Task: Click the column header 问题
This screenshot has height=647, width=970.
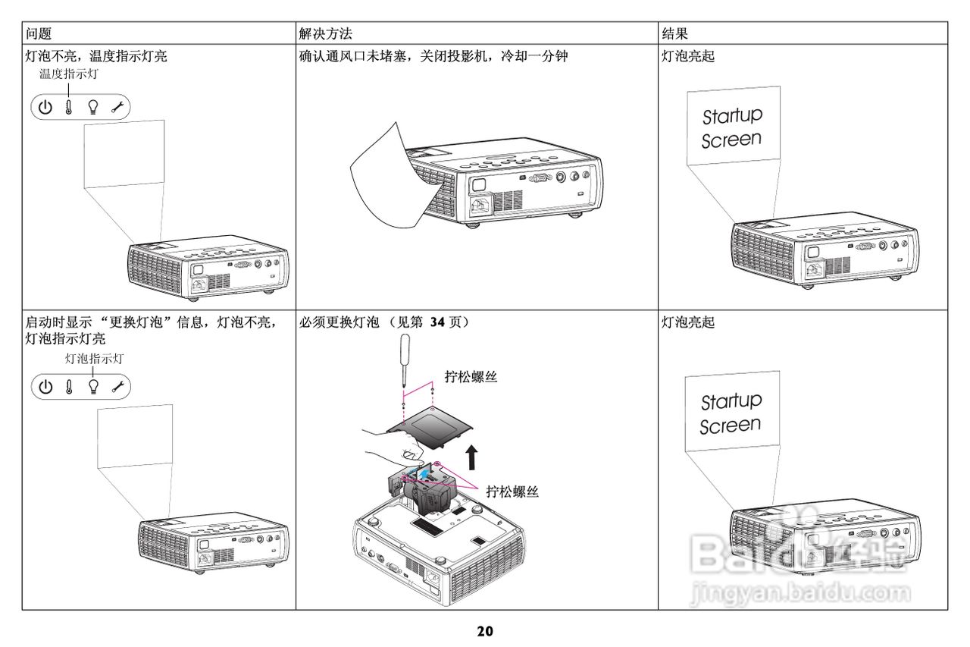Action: [39, 33]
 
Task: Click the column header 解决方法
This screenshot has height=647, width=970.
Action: [325, 33]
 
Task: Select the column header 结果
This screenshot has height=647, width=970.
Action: [674, 33]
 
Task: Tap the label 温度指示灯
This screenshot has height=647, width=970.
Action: [69, 74]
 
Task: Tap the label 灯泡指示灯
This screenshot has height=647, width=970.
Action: [95, 358]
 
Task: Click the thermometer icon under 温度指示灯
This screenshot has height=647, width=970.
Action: [68, 107]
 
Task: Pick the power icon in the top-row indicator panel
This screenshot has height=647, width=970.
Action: [45, 107]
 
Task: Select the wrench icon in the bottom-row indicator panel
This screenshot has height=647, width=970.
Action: [117, 386]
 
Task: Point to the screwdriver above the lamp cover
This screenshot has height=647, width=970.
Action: [405, 360]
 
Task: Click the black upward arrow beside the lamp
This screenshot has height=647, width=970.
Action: [471, 457]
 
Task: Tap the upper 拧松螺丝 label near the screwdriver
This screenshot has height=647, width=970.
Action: [471, 376]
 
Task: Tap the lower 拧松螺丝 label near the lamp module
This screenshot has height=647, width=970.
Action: [512, 491]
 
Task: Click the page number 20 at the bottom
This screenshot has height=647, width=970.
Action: [485, 631]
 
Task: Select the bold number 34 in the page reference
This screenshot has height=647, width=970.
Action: [437, 322]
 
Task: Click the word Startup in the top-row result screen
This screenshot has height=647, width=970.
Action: [732, 116]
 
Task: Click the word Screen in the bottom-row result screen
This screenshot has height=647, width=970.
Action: [730, 426]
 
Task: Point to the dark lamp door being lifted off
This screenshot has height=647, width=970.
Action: [430, 428]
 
